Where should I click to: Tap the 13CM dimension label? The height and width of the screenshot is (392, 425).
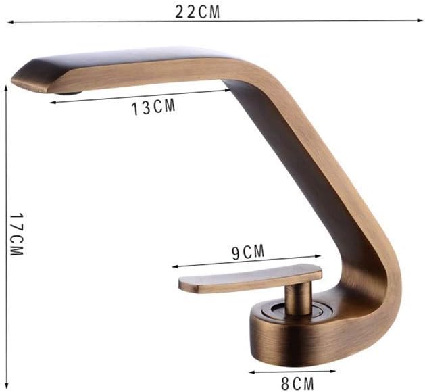(153, 107)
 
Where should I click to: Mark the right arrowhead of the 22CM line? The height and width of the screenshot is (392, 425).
(420, 21)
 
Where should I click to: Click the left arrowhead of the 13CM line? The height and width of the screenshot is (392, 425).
(51, 103)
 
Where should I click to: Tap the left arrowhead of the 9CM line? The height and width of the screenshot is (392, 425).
(173, 266)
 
